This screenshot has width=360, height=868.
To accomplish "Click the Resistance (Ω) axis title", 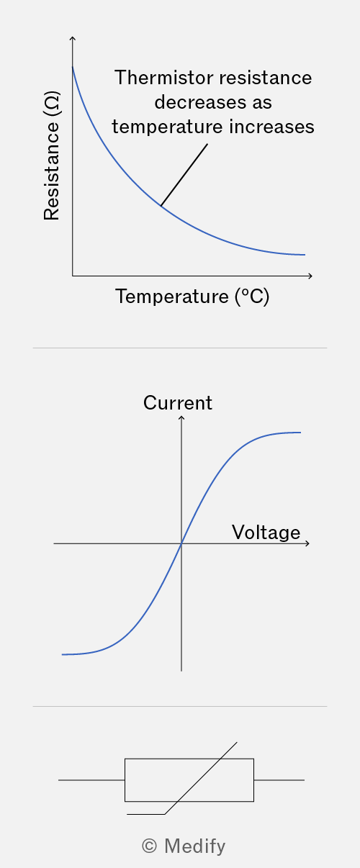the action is pyautogui.click(x=52, y=155).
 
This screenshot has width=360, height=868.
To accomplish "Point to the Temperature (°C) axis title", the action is pyautogui.click(x=192, y=297).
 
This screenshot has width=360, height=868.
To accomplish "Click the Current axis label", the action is pyautogui.click(x=178, y=403).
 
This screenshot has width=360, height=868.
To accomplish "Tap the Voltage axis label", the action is pyautogui.click(x=266, y=533).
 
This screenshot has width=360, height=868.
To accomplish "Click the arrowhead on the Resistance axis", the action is pyautogui.click(x=73, y=38).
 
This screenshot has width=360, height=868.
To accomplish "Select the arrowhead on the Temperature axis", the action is pyautogui.click(x=310, y=276).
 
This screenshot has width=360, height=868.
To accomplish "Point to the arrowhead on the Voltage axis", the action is pyautogui.click(x=307, y=543).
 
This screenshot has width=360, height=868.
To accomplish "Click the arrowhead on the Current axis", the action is pyautogui.click(x=181, y=417).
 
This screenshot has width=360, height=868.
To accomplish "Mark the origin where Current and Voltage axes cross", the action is pyautogui.click(x=181, y=543).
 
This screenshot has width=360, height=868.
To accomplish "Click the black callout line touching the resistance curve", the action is pyautogui.click(x=184, y=175).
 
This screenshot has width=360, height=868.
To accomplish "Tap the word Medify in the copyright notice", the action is pyautogui.click(x=195, y=846).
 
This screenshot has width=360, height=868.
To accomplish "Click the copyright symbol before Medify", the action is pyautogui.click(x=149, y=846).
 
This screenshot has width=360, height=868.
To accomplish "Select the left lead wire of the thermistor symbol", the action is pyautogui.click(x=91, y=780).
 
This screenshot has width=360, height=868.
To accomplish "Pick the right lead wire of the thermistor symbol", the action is pyautogui.click(x=279, y=780).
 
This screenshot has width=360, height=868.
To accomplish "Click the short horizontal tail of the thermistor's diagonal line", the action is pyautogui.click(x=145, y=814).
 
